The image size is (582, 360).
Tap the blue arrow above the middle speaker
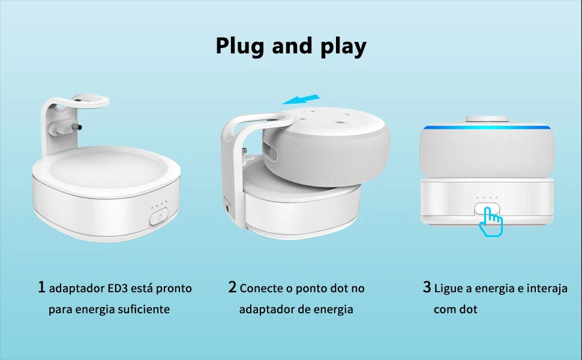pos(301,99)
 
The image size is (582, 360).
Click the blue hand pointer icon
pos(491,221)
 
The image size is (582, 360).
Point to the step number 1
pos(41,287)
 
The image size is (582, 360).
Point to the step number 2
pos(232,287)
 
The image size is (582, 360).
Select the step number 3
pos(427,287)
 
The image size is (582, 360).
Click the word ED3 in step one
pos(118,289)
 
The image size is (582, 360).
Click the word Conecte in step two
pos(260,289)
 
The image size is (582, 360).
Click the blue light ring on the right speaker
pos(487,127)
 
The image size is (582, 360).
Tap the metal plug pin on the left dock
pos(77,127)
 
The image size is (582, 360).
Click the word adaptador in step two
pos(264,309)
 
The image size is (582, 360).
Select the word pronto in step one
pos(174,289)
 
